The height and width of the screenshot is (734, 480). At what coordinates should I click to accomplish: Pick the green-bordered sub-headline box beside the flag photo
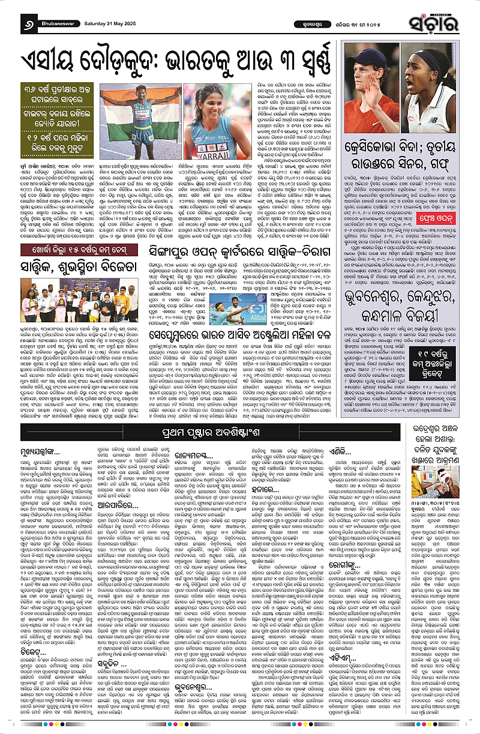click(x=47, y=119)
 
